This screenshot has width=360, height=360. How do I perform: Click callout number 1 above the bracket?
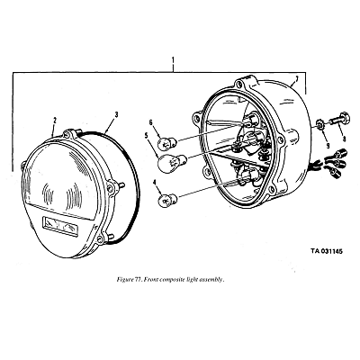click(x=173, y=60)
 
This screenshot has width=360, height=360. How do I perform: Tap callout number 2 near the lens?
click(x=55, y=121)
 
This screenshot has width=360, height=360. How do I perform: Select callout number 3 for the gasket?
click(x=116, y=114)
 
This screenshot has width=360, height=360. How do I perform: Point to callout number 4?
click(x=155, y=183)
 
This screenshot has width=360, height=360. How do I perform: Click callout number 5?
click(x=146, y=136)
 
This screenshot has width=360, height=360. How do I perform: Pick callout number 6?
click(x=151, y=122)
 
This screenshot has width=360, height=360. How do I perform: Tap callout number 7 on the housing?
click(x=296, y=79)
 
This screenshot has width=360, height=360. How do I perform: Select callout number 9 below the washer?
click(x=328, y=146)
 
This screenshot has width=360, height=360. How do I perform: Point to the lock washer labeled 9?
click(x=320, y=124)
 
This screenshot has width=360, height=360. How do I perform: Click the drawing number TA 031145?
click(x=327, y=251)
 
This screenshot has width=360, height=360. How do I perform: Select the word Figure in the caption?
click(x=124, y=280)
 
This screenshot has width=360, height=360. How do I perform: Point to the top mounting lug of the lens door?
click(x=68, y=134)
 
